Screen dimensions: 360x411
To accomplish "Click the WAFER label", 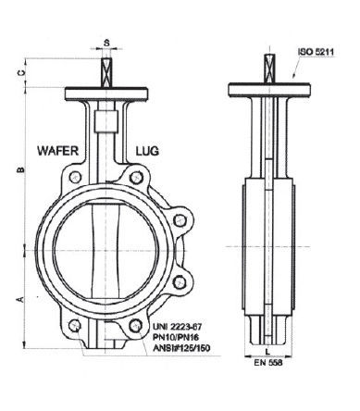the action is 57,151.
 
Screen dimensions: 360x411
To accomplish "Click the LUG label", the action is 147,151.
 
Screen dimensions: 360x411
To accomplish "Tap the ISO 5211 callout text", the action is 316,52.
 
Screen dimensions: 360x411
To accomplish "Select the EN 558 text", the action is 268,362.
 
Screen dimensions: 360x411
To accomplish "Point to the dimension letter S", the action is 106,43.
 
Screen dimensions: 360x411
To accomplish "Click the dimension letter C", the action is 21,73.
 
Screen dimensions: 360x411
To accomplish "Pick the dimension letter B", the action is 21,169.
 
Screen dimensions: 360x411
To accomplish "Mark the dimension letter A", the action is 21,299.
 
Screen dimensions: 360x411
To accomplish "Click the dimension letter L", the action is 267,351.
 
